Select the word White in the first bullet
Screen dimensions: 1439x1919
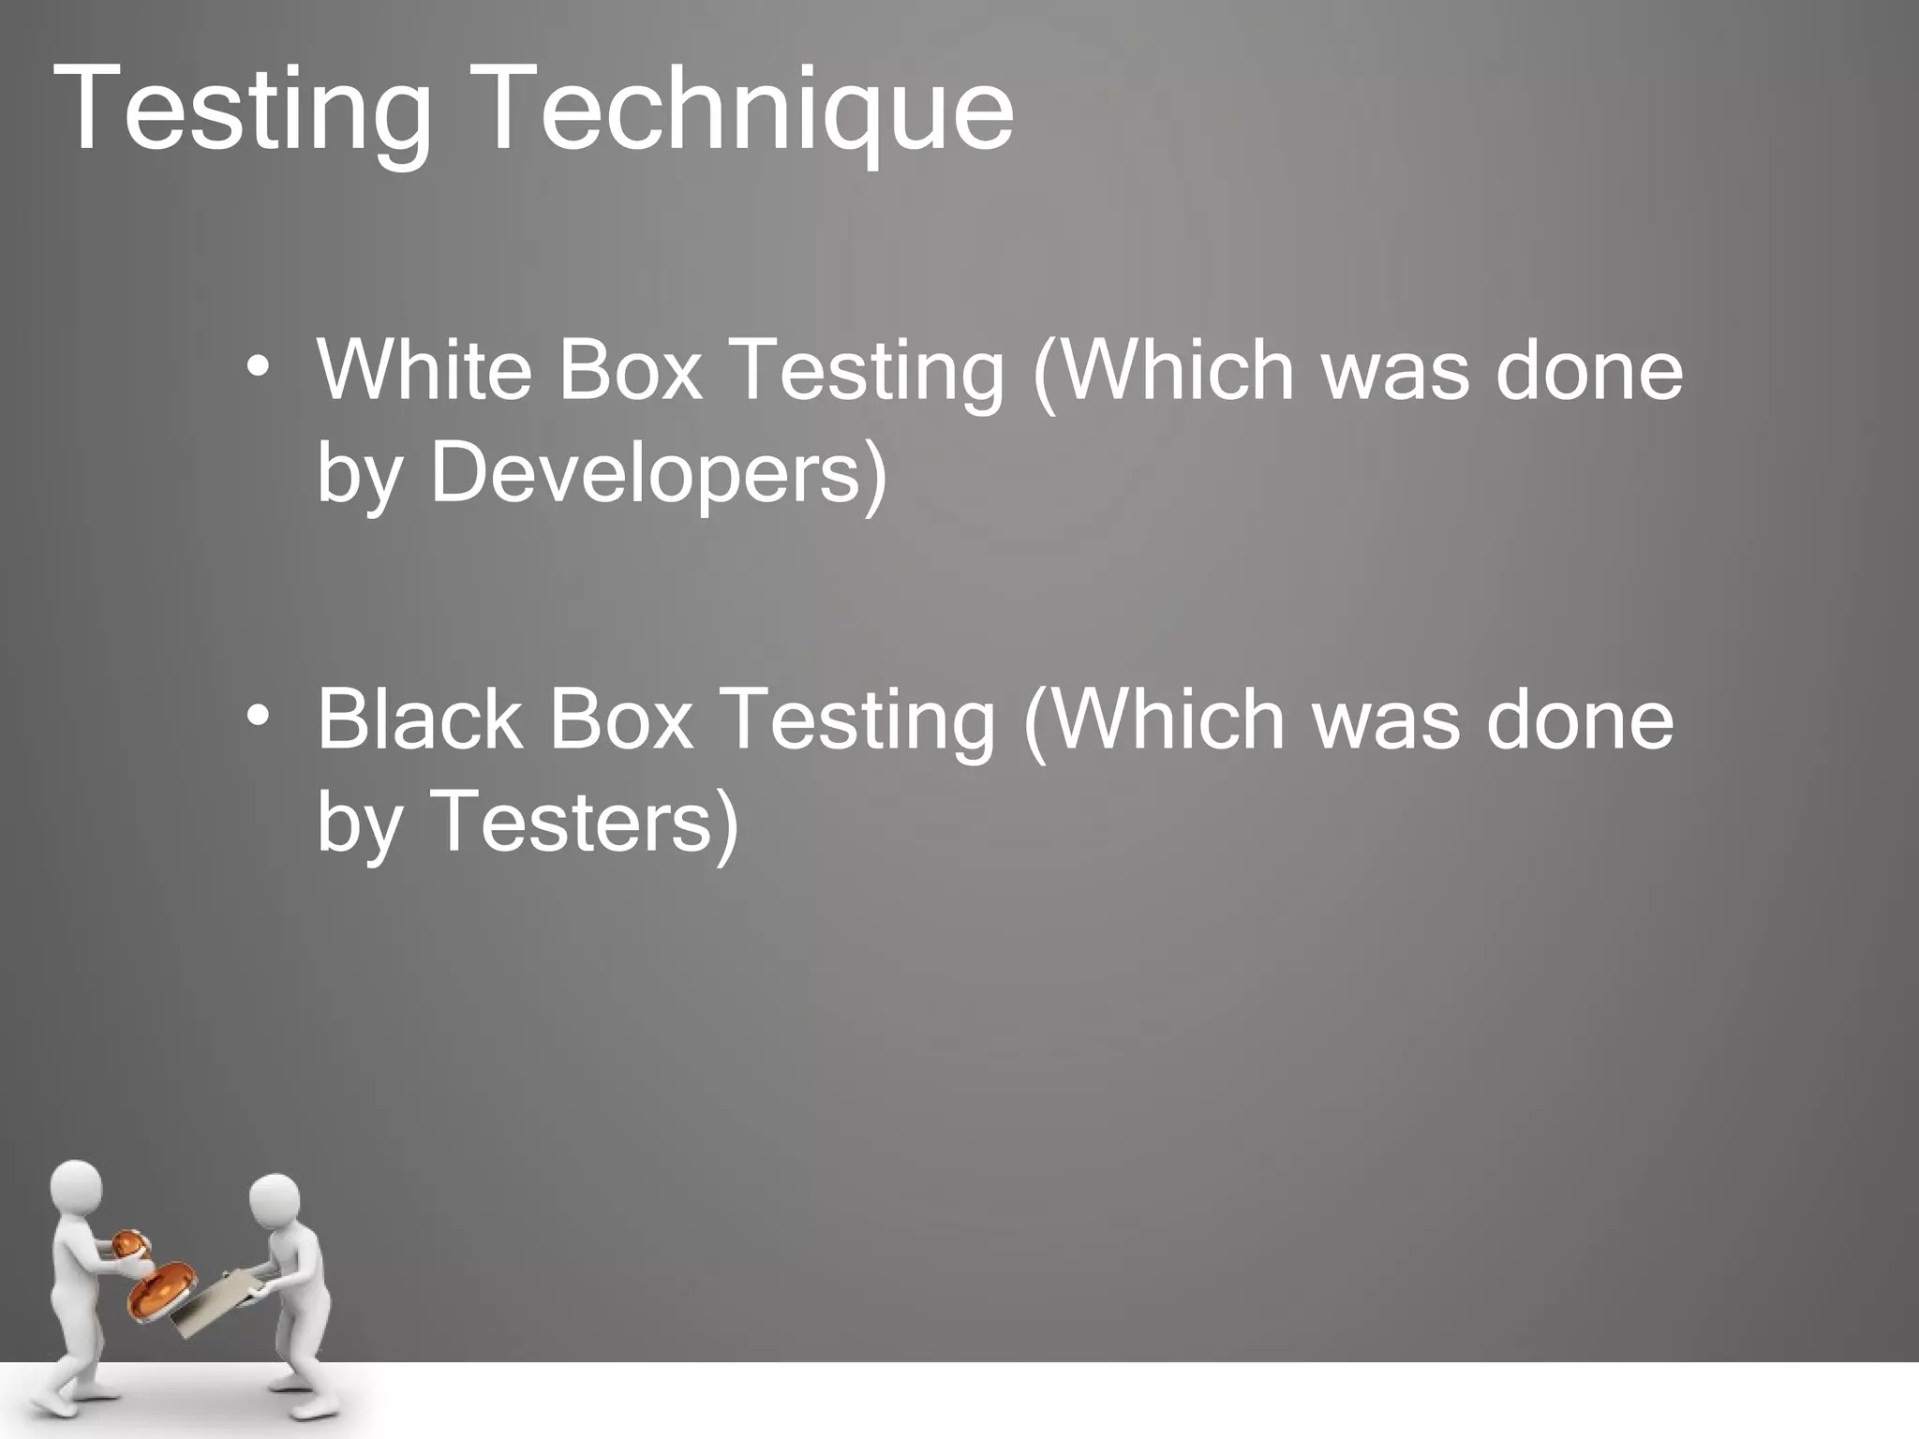pyautogui.click(x=424, y=369)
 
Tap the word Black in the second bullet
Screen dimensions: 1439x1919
pyautogui.click(x=419, y=719)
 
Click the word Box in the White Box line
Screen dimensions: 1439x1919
pyautogui.click(x=630, y=369)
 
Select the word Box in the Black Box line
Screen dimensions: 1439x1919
pyautogui.click(x=621, y=719)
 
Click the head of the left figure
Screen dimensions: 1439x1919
pyautogui.click(x=76, y=1189)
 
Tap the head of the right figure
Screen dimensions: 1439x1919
pyautogui.click(x=274, y=1202)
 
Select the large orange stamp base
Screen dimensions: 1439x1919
pyautogui.click(x=161, y=1290)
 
